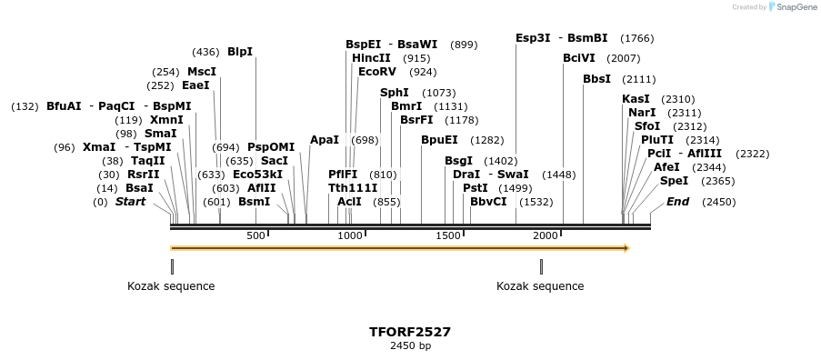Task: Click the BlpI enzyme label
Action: pos(240,52)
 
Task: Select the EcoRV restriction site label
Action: pos(377,71)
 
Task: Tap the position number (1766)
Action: pos(636,38)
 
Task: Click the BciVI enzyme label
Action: pos(579,58)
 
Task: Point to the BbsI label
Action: pos(596,79)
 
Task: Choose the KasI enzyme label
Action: pos(636,99)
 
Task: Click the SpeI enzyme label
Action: pos(673,181)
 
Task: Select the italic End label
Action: pos(677,202)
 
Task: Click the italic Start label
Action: pos(130,202)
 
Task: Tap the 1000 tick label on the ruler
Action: pos(351,236)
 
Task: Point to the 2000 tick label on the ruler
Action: pos(546,236)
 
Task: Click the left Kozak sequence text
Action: pos(171,286)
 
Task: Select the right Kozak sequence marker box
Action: pos(541,266)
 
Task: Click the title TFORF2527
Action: pos(410,332)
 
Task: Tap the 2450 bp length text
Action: pos(410,346)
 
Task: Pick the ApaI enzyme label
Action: pos(325,140)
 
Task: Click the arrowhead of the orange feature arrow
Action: pos(626,247)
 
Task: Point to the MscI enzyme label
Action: pos(202,72)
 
